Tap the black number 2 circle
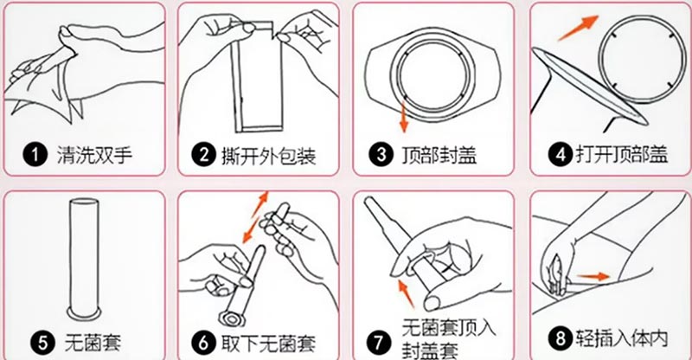tap(203, 155)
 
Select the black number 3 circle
tap(381, 155)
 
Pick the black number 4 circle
tap(560, 155)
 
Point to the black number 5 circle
tap(42, 343)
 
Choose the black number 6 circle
tap(203, 343)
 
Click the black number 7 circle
tap(379, 343)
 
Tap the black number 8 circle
tap(560, 338)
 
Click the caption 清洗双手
tap(94, 155)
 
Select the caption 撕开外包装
tap(269, 155)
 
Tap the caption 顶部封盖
tap(439, 155)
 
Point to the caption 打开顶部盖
tap(621, 155)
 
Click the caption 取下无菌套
tap(269, 344)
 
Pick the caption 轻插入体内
tap(621, 338)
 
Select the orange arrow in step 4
tap(579, 28)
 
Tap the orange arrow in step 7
tap(407, 292)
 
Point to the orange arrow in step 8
tap(593, 277)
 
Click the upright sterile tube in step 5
tap(84, 259)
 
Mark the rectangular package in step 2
tap(257, 77)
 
